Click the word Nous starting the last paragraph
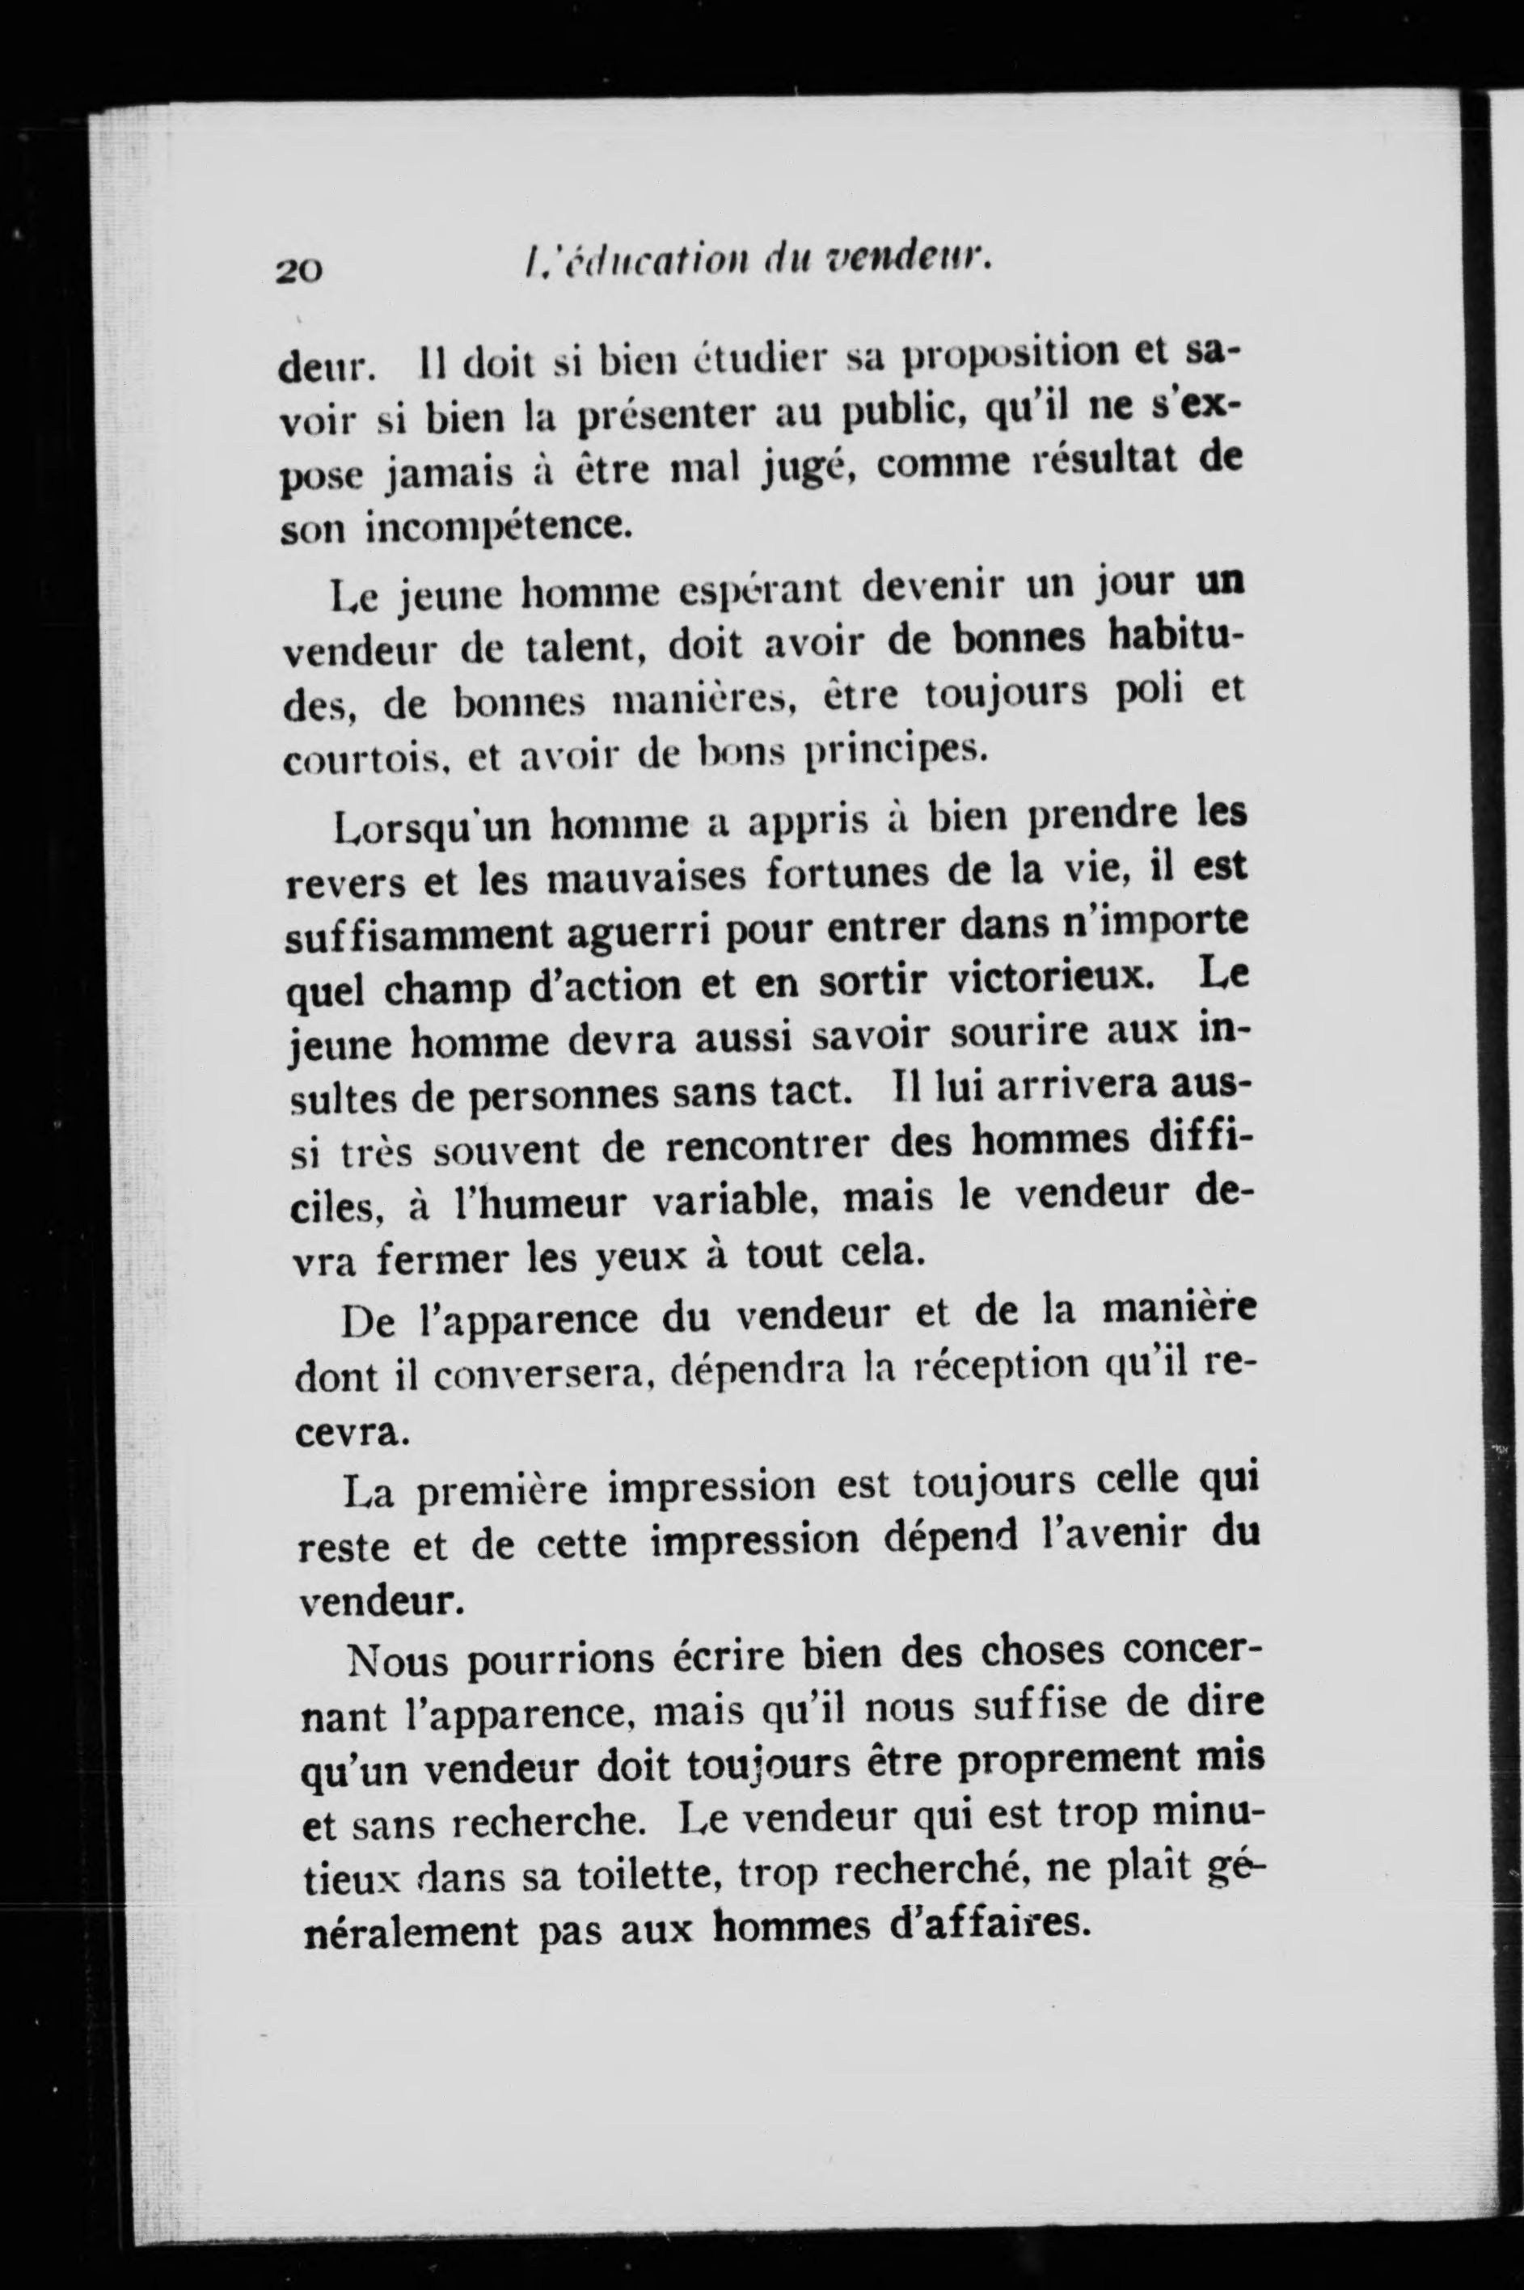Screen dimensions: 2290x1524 395,1660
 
